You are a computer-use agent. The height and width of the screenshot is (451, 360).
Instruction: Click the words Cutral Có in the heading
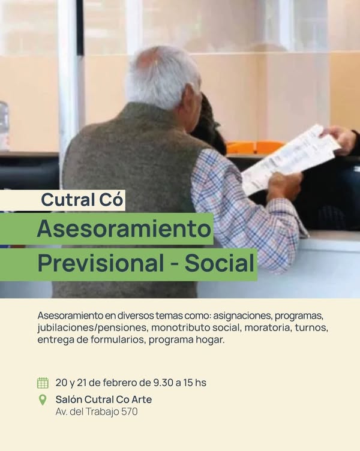82,200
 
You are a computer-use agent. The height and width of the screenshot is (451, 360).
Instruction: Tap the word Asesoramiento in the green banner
124,228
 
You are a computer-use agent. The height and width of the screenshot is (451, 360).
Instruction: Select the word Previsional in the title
101,263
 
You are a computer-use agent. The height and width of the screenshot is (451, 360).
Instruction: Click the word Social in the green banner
220,263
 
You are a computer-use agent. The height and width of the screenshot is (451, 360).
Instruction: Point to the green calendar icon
43,383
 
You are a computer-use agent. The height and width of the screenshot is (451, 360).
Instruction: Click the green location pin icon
43,400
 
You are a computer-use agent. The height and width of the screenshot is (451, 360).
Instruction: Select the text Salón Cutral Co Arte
104,399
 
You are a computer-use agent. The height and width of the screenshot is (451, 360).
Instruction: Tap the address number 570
129,411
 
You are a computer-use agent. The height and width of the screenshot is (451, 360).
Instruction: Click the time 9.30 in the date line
163,383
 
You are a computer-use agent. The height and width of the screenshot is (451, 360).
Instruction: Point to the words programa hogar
186,340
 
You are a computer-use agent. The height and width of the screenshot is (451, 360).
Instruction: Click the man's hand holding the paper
284,185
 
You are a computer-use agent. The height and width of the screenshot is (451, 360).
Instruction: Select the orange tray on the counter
255,148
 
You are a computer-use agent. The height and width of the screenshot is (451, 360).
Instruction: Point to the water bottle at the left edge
4,126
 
